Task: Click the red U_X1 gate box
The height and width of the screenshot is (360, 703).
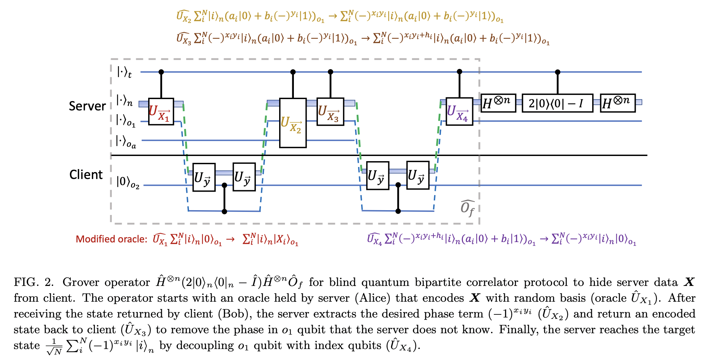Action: pyautogui.click(x=161, y=111)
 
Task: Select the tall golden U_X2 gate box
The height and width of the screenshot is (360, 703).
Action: pyautogui.click(x=293, y=123)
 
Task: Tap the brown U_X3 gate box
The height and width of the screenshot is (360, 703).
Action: pyautogui.click(x=330, y=112)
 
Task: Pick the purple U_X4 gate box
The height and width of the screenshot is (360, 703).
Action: pyautogui.click(x=459, y=111)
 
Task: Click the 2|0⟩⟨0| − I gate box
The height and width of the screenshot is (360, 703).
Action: pyautogui.click(x=557, y=103)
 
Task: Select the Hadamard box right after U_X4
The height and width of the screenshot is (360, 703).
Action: pyautogui.click(x=498, y=103)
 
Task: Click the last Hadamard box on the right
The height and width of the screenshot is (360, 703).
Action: pyautogui.click(x=618, y=103)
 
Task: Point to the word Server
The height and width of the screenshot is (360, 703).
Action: pyautogui.click(x=87, y=106)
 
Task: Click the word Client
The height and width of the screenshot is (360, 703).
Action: pyautogui.click(x=86, y=175)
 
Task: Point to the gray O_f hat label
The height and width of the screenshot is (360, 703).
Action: pyautogui.click(x=467, y=208)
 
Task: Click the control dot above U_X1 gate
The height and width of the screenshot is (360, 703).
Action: pyautogui.click(x=161, y=72)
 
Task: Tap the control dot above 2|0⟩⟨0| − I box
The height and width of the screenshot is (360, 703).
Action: pyautogui.click(x=557, y=72)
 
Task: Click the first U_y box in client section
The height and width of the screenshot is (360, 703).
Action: pyautogui.click(x=204, y=177)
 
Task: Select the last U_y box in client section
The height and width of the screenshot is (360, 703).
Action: pyautogui.click(x=418, y=176)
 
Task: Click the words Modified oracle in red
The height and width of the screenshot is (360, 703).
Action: pyautogui.click(x=111, y=239)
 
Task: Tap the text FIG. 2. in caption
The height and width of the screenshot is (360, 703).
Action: pyautogui.click(x=34, y=282)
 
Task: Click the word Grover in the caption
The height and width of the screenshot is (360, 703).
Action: pyautogui.click(x=82, y=282)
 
